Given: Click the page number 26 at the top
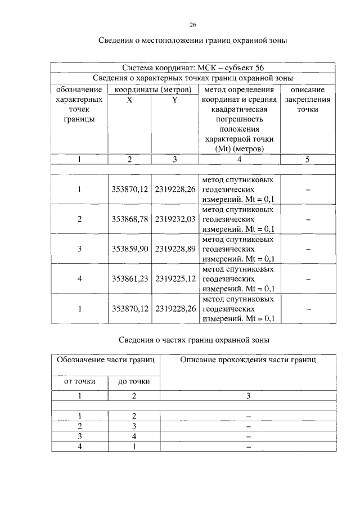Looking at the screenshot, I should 192,25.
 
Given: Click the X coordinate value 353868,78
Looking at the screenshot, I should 129,219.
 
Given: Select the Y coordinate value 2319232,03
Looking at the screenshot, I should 175,219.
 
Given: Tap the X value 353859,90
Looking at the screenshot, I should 129,249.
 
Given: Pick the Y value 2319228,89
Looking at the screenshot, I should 175,249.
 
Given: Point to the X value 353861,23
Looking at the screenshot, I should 129,278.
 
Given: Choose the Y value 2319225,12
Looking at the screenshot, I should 175,278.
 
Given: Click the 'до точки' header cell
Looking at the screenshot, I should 134,382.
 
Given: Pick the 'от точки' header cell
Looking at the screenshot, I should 79,382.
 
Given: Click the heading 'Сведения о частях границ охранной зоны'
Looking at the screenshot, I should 194,340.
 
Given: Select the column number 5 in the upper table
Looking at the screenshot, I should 308,160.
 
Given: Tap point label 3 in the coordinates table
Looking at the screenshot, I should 80,249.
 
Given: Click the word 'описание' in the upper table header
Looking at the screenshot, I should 308,89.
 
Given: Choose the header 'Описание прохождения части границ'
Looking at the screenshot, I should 248,360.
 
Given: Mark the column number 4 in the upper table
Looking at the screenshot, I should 240,160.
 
